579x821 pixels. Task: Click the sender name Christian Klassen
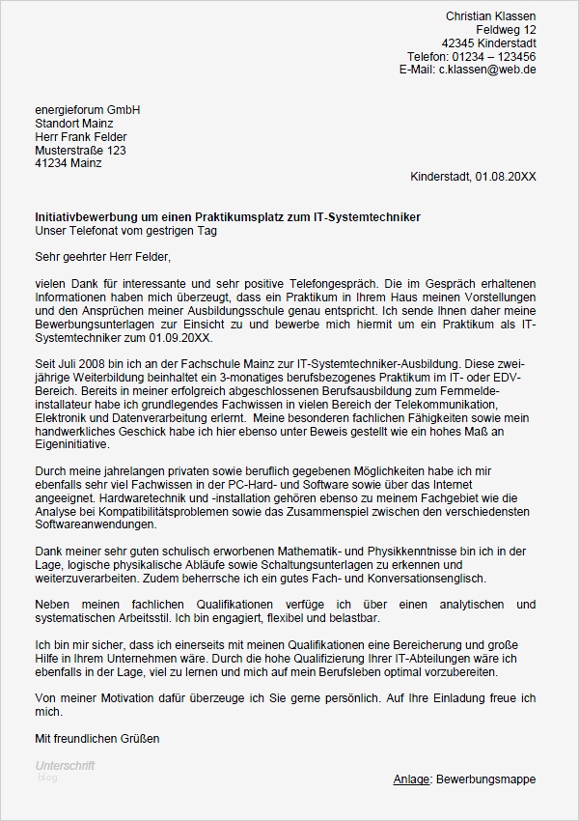point(490,16)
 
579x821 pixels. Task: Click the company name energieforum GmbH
point(87,110)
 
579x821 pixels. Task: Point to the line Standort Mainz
point(73,124)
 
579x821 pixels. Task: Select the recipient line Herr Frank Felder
point(80,137)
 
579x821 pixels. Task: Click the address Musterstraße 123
point(80,151)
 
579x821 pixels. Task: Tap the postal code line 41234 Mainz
point(68,164)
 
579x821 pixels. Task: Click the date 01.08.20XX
point(506,178)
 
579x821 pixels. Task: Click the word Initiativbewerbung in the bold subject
point(84,217)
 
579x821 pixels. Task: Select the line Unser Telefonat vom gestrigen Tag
point(125,231)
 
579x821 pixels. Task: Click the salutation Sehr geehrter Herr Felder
point(102,257)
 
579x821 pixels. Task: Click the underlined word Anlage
point(411,779)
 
